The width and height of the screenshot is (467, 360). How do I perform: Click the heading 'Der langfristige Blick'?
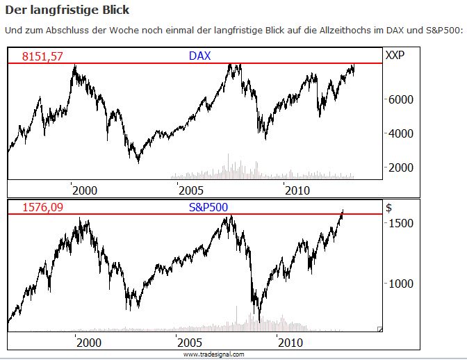click(x=67, y=11)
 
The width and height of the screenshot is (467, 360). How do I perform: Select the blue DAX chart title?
click(x=199, y=56)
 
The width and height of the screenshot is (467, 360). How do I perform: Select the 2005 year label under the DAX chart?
click(x=190, y=190)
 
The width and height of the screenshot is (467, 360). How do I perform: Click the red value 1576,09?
click(x=42, y=207)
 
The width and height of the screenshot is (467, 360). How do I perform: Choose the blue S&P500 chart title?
click(x=208, y=206)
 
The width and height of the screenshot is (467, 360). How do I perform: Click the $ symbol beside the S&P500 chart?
click(x=388, y=206)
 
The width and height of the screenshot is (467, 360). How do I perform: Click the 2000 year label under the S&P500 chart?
click(x=88, y=343)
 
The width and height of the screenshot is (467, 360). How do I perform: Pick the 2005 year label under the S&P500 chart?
click(x=188, y=343)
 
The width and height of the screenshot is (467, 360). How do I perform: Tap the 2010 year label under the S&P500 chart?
click(x=290, y=343)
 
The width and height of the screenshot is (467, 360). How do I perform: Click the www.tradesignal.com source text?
click(x=214, y=354)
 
